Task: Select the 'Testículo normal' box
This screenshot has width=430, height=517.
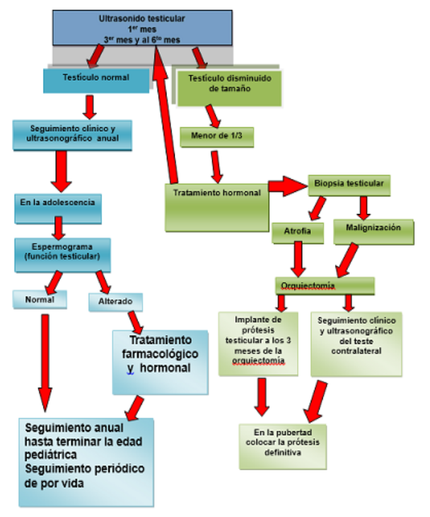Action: point(96,78)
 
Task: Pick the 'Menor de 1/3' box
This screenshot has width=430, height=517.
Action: point(217,135)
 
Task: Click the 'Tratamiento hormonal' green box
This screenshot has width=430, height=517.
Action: point(217,207)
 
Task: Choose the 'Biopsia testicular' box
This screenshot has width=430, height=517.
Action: point(349,185)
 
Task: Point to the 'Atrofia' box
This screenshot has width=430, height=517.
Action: point(298,232)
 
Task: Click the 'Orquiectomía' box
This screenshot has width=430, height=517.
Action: point(325,287)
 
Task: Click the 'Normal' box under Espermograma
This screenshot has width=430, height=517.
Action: point(40,301)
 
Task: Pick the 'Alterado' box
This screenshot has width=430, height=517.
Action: point(115,302)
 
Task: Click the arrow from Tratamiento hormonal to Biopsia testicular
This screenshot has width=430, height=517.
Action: point(286,187)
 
